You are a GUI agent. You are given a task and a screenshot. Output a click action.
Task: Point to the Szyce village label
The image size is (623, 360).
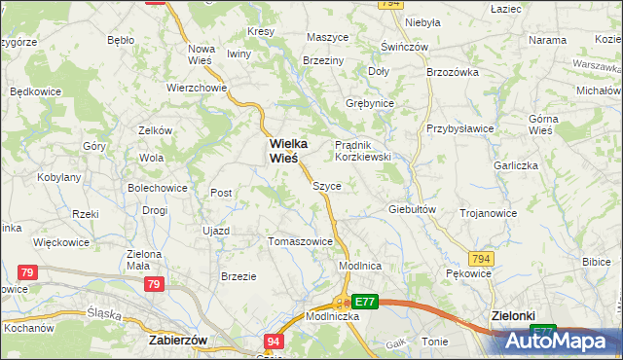pyautogui.click(x=326, y=185)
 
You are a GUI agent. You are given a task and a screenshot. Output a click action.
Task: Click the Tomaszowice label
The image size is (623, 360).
pyautogui.click(x=300, y=241)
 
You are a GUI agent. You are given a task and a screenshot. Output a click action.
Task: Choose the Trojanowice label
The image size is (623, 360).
pyautogui.click(x=487, y=212)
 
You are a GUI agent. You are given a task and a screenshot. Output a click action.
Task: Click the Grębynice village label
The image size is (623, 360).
pyautogui.click(x=369, y=102)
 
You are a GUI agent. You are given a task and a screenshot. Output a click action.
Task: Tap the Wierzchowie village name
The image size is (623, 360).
pyautogui.click(x=197, y=87)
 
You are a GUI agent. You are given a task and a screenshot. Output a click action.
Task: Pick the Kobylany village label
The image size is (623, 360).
pyautogui.click(x=58, y=178)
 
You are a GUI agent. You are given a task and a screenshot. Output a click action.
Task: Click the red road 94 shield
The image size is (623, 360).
pyautogui.click(x=274, y=342)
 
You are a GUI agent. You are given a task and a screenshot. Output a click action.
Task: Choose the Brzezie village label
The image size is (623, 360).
pyautogui.click(x=238, y=276)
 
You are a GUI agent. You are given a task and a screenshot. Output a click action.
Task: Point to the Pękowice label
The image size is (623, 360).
pyautogui.click(x=468, y=274)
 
